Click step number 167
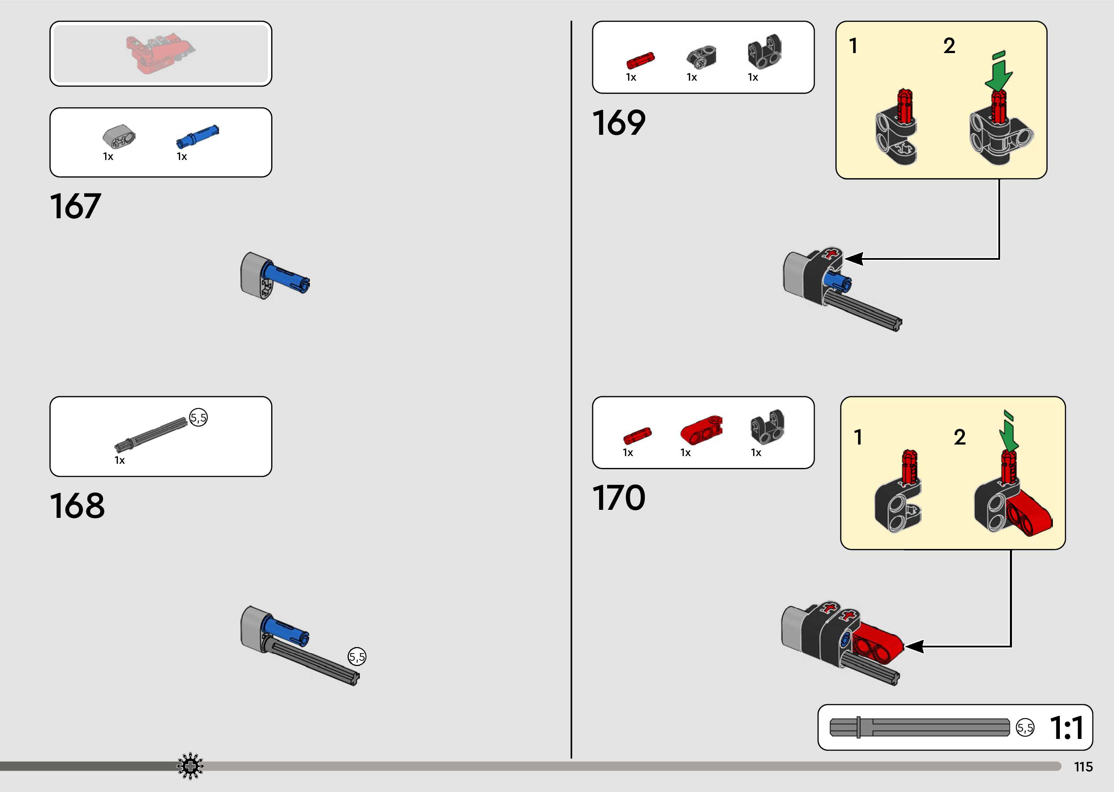coord(75,206)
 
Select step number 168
coord(77,506)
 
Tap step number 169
coord(618,123)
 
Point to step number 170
coord(618,498)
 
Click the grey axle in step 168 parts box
coord(150,434)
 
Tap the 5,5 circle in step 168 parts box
coord(198,417)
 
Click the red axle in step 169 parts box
coord(640,60)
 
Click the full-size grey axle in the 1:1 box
coord(919,727)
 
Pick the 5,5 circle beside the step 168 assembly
coord(357,657)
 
